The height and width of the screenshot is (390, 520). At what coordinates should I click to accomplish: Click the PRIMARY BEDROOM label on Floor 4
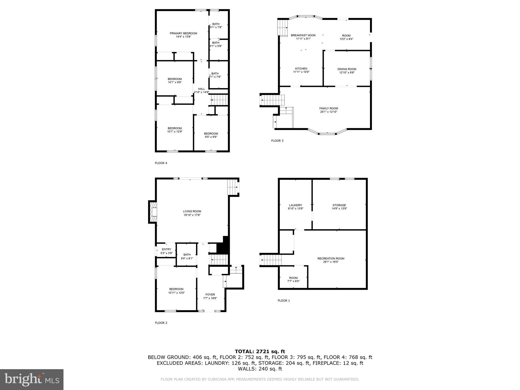coord(183,33)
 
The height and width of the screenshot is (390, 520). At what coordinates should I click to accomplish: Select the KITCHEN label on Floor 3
coord(301,69)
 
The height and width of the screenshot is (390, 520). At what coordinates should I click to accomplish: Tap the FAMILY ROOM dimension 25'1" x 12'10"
coord(329,112)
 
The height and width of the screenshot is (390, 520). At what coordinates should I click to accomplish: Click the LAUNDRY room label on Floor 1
coord(295,205)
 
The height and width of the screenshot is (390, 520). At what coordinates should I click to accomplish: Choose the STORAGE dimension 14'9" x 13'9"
coord(339,208)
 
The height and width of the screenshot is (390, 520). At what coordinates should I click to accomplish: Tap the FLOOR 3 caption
coord(277,141)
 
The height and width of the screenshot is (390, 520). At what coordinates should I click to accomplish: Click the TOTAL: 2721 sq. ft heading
coord(260,351)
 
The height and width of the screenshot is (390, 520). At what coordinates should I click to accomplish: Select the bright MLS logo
coord(32,380)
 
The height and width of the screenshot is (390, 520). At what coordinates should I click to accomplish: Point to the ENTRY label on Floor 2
coord(167,249)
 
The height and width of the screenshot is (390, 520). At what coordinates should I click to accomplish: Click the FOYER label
coord(210,295)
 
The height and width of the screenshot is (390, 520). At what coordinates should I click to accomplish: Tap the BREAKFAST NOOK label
coord(303,35)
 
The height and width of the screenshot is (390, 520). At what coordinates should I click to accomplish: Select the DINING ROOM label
coord(347,69)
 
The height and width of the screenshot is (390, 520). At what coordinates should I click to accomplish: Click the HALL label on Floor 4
coord(201,89)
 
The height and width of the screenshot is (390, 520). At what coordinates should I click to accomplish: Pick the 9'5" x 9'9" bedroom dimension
coord(211,137)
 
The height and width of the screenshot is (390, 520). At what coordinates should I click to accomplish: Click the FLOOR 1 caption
coord(284,301)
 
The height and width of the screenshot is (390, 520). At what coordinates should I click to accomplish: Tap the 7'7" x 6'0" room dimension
coord(293,281)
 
